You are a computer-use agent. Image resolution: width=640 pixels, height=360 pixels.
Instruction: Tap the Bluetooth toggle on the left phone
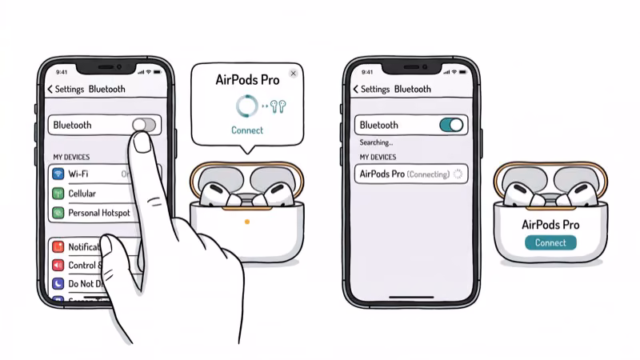(x=144, y=125)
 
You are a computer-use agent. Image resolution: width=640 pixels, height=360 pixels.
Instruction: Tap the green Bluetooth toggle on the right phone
(x=451, y=125)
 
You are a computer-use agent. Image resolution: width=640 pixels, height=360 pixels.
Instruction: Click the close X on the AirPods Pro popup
(x=293, y=73)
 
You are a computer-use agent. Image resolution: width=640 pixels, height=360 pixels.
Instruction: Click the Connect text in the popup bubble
(x=247, y=130)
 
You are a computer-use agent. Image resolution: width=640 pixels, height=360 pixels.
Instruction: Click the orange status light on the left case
(x=247, y=221)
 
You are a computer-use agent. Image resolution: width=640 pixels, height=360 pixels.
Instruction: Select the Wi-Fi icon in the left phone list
(x=58, y=174)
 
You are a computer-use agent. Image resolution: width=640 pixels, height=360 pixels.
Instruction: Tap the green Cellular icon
(x=58, y=194)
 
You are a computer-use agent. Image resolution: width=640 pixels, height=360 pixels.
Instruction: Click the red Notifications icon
(x=58, y=247)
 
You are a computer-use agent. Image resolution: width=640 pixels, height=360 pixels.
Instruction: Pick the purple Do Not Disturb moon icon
(x=58, y=284)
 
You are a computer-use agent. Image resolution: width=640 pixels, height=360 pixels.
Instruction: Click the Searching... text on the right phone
(x=377, y=142)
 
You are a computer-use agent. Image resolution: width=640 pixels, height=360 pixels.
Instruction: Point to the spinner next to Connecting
(x=458, y=174)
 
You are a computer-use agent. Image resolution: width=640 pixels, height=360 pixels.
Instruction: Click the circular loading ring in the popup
(x=246, y=106)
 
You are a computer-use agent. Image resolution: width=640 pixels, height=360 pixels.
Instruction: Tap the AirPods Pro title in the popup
(x=247, y=79)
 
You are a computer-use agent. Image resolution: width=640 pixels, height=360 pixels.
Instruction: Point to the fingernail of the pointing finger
(x=143, y=142)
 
